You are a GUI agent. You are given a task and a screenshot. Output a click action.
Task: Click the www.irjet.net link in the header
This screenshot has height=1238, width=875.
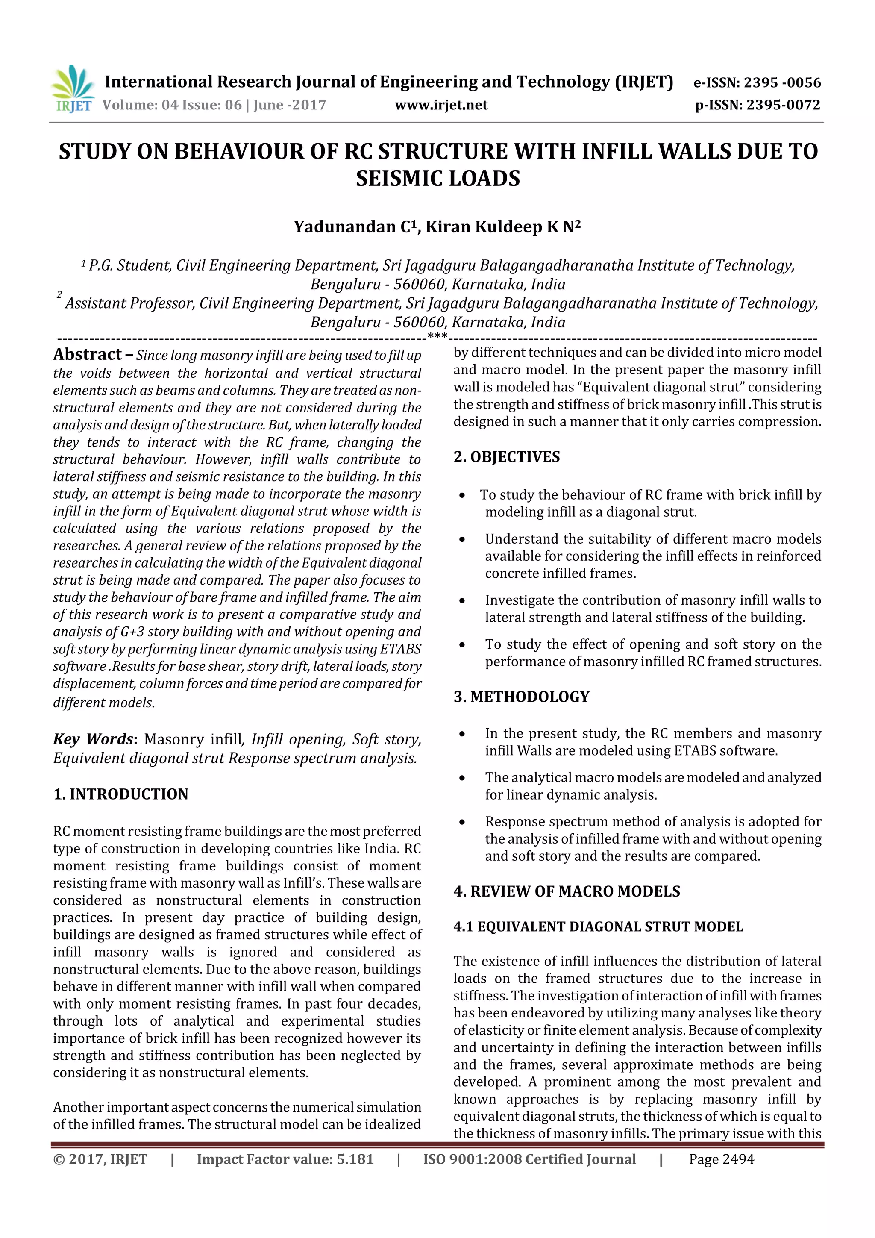point(440,105)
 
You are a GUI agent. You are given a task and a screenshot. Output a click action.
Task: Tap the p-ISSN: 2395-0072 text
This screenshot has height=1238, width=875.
point(758,105)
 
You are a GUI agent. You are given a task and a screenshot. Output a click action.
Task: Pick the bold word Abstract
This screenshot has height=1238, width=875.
point(87,354)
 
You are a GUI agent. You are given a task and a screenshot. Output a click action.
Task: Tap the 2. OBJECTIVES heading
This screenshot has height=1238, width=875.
point(506,457)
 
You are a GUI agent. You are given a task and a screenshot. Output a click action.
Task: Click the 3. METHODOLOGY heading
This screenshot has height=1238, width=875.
point(521,697)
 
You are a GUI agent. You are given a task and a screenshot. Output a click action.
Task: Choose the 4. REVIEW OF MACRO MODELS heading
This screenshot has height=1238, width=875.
point(566,891)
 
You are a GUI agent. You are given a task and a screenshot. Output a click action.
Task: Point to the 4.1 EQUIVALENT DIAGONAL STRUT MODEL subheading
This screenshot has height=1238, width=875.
point(598,926)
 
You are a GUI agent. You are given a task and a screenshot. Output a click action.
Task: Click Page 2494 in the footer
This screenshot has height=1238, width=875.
point(721,1159)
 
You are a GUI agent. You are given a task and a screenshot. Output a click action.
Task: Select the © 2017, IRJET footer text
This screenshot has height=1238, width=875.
point(100,1159)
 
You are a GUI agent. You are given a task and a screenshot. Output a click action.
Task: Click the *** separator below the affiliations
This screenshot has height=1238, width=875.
point(437,336)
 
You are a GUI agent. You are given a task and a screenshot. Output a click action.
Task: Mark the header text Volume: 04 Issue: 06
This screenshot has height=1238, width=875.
point(173,105)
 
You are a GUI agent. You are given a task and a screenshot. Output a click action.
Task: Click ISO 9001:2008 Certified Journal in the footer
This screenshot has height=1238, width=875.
point(529,1159)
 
